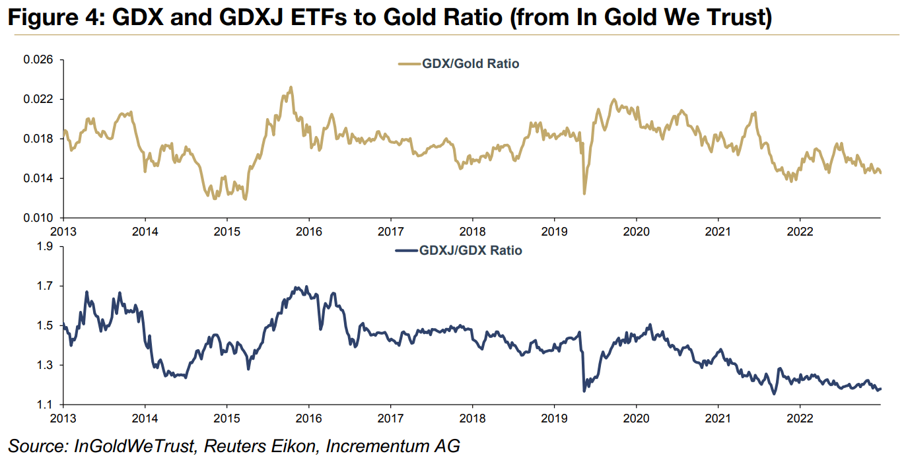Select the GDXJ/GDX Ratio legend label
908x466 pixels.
470,251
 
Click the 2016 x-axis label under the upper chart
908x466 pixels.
308,232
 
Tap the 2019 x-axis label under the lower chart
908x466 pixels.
553,418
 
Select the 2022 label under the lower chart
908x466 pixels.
800,418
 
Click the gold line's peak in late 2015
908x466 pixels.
291,87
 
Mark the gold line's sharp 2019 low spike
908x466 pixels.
584,193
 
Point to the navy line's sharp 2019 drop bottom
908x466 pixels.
584,391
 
